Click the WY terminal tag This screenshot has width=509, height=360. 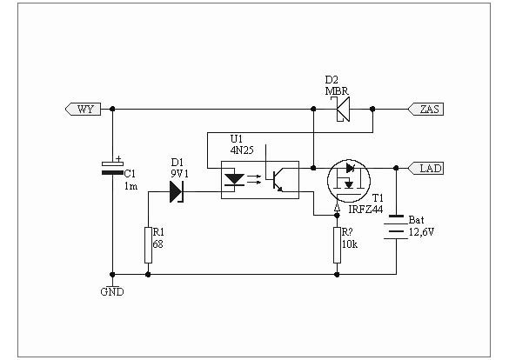click(x=84, y=109)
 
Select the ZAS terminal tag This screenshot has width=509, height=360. click(x=425, y=109)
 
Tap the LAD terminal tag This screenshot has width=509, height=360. click(x=425, y=169)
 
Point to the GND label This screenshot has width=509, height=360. click(x=112, y=292)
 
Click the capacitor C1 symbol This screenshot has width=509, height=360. click(x=112, y=169)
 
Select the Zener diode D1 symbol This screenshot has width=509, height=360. click(x=177, y=191)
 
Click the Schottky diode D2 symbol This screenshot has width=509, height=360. click(x=340, y=109)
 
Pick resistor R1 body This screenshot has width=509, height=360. click(x=149, y=245)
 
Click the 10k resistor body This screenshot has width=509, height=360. click(x=338, y=245)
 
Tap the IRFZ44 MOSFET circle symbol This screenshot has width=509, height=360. click(x=349, y=181)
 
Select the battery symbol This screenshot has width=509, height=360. click(x=396, y=227)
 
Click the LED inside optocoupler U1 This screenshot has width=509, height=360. click(x=234, y=179)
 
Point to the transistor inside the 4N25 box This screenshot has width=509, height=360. click(x=274, y=179)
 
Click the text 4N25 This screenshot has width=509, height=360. click(x=242, y=150)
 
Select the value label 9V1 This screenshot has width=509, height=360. click(x=179, y=174)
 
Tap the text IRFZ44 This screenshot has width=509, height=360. click(x=365, y=210)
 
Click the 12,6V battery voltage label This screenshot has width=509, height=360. click(x=421, y=232)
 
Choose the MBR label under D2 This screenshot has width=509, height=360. click(x=337, y=91)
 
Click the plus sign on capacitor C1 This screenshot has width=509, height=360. click(x=119, y=158)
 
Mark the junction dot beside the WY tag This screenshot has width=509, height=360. click(x=112, y=109)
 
